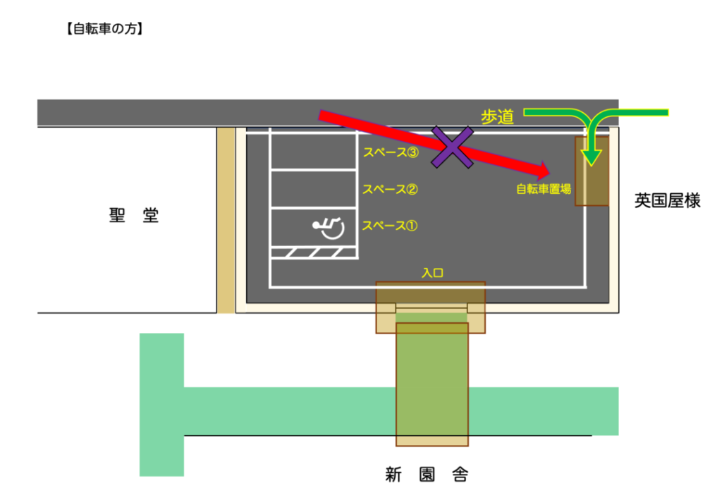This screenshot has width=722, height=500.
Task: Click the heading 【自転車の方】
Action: [104, 29]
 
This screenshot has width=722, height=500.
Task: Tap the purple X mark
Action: [452, 147]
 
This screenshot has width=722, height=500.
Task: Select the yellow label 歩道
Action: [497, 117]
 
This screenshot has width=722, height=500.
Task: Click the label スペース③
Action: [391, 152]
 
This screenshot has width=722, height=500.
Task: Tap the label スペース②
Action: [390, 189]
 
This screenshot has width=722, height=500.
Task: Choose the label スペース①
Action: [389, 226]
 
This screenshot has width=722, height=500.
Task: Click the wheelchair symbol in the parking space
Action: [329, 228]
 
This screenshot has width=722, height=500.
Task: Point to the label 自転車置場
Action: [544, 189]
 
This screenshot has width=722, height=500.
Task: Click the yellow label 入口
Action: [432, 273]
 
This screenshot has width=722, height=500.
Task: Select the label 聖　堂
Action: [133, 215]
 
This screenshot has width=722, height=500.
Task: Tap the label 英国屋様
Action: [667, 201]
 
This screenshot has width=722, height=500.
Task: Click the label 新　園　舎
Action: [427, 474]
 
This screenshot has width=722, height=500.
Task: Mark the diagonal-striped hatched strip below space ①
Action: [314, 252]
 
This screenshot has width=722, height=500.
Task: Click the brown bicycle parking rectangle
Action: [592, 171]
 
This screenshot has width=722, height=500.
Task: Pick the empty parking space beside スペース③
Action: [314, 152]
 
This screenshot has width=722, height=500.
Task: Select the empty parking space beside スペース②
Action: [314, 189]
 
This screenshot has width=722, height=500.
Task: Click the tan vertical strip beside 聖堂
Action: [226, 220]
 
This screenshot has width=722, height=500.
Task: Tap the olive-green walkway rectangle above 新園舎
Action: [432, 384]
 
